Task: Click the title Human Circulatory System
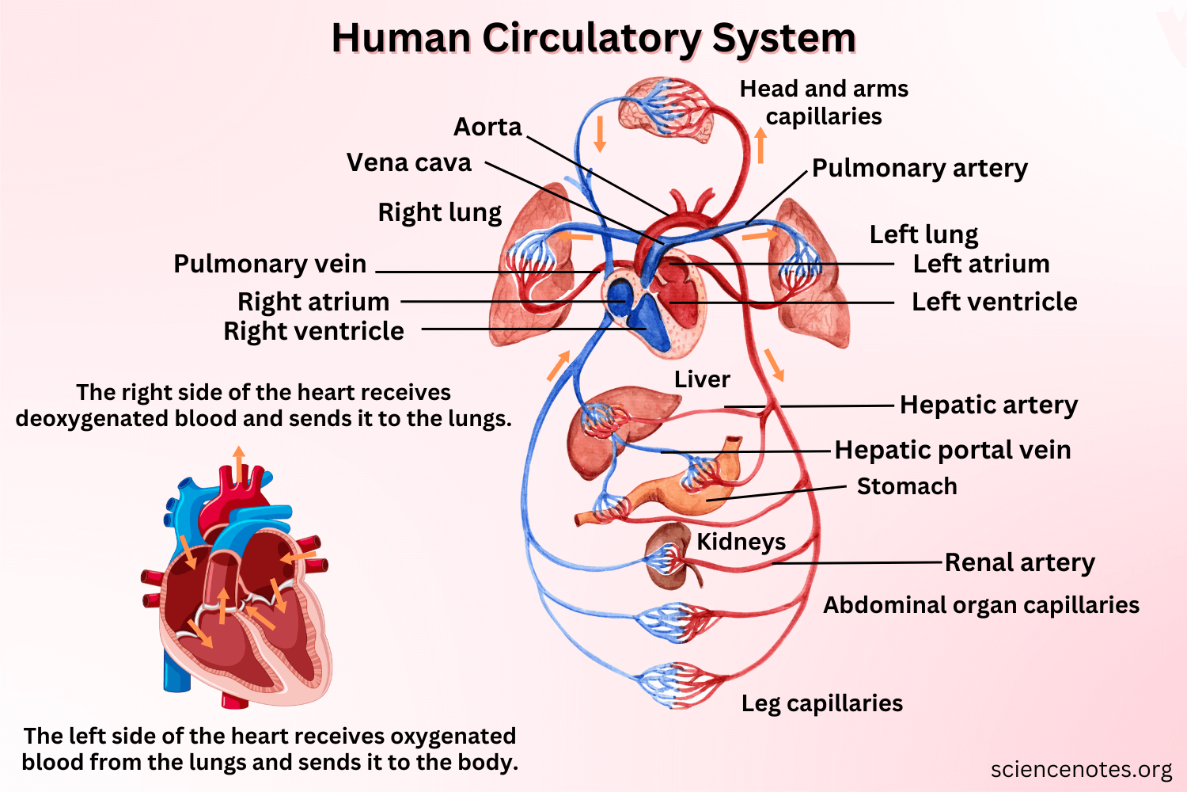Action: point(593,38)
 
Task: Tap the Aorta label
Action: point(487,127)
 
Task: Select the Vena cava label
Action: point(409,162)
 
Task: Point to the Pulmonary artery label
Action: point(920,168)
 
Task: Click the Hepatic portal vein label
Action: point(953,450)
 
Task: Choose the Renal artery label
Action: point(1020,562)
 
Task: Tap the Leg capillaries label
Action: point(821,703)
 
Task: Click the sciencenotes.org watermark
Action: point(1081,769)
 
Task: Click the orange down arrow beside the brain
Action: point(600,133)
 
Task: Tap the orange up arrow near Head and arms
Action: point(760,146)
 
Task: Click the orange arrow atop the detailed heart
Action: point(238,463)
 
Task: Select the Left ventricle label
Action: point(994,302)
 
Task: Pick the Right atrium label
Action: point(313,302)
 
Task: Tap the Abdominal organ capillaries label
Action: point(981,605)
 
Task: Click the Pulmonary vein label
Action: point(270,264)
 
